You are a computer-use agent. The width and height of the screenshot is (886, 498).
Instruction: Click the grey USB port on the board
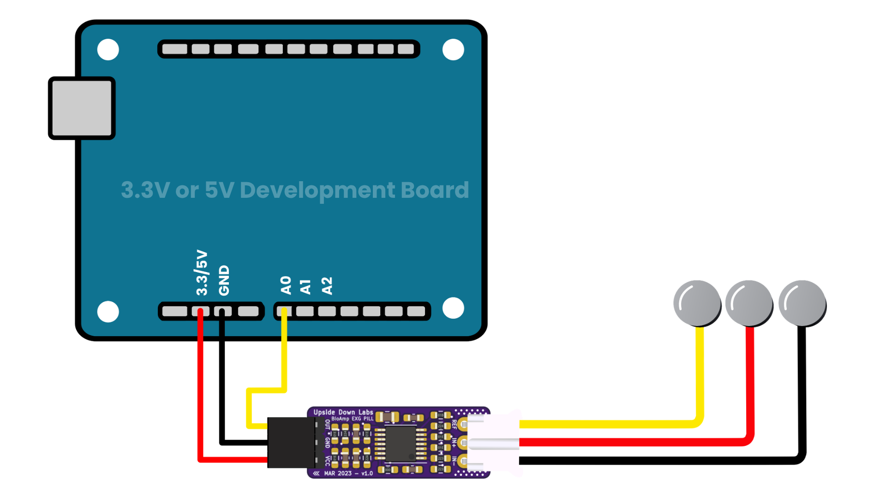click(x=82, y=108)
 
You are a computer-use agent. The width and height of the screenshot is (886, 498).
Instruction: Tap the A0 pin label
click(x=286, y=285)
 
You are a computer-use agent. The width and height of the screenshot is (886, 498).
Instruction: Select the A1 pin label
click(x=305, y=286)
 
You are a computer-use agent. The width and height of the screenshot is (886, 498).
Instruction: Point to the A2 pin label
click(x=327, y=285)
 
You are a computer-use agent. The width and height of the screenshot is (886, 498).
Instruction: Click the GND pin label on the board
click(x=224, y=280)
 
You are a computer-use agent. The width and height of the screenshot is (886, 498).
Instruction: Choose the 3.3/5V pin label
click(x=202, y=273)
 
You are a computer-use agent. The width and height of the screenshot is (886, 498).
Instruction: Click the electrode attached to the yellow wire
click(x=697, y=303)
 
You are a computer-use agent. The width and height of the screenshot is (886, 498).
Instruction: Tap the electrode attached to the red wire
click(x=749, y=303)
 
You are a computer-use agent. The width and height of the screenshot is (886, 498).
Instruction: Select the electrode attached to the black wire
click(x=802, y=303)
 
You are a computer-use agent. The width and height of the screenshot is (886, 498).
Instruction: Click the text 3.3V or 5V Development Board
click(x=295, y=190)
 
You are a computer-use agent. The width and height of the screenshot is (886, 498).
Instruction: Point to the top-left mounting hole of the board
click(x=108, y=50)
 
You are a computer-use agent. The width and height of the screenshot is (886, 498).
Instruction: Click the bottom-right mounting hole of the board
click(x=453, y=308)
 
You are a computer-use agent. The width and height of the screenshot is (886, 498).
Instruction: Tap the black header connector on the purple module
click(x=291, y=442)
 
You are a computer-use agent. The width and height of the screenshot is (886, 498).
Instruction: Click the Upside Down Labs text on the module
click(x=343, y=412)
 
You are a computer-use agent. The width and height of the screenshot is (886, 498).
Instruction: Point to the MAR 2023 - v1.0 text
click(x=348, y=474)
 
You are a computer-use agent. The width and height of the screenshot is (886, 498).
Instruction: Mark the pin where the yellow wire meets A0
click(x=284, y=312)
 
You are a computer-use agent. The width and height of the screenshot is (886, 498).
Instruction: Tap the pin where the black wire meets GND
click(x=222, y=312)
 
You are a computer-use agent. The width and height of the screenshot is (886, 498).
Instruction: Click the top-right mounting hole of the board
click(x=453, y=50)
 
